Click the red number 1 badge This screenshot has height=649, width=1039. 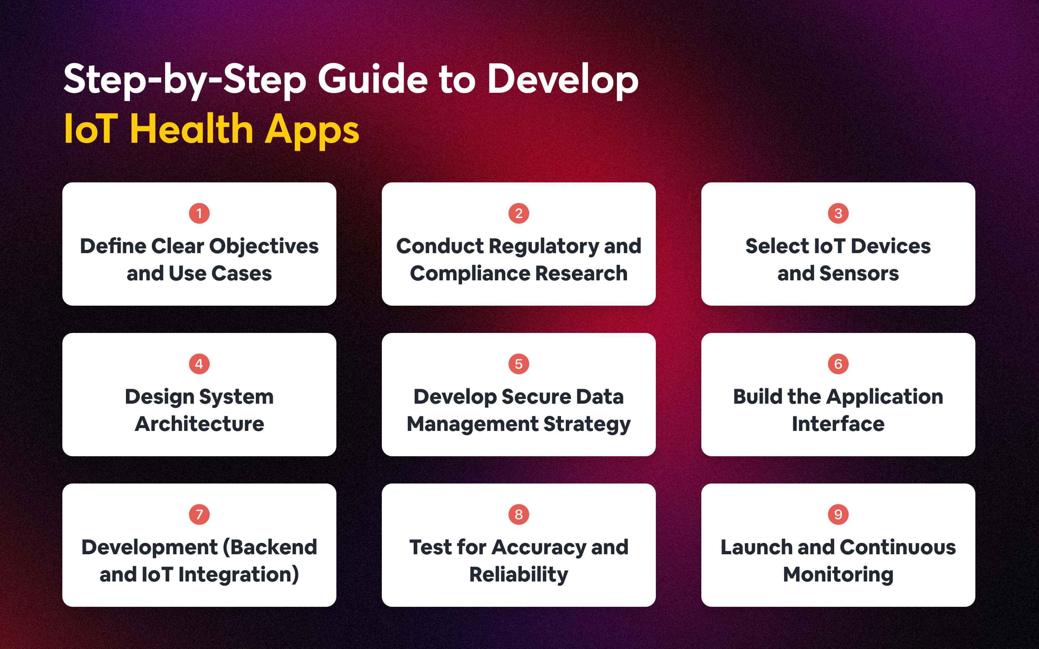[x=199, y=213]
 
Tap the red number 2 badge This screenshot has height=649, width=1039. [x=519, y=213]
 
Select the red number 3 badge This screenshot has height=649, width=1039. [x=838, y=213]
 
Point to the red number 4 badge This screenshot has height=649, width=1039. [x=199, y=364]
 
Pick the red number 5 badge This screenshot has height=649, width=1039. [x=519, y=364]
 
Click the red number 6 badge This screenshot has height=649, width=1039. [x=838, y=364]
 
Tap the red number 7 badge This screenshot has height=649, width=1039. [x=199, y=514]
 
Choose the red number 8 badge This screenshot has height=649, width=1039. [x=519, y=514]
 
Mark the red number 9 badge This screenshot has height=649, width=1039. [x=838, y=514]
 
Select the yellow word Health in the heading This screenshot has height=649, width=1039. [x=192, y=129]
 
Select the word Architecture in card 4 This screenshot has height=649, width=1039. [x=199, y=424]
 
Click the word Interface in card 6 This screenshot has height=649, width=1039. [x=838, y=424]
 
